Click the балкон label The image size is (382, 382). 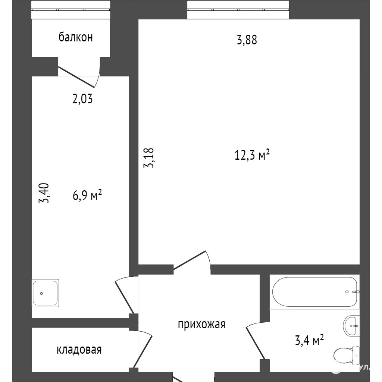pos(76,38)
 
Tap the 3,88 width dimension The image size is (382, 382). pos(247,40)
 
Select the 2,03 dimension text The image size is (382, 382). pos(82,99)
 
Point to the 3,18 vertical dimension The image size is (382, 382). pos(149,158)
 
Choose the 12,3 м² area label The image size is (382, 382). pos(252,155)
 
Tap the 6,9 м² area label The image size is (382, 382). pos(87,195)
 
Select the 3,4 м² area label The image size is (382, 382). pos(309,340)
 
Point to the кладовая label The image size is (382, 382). pos(79,350)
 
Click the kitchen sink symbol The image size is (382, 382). pos(45,293)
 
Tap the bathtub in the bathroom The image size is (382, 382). pos(314,292)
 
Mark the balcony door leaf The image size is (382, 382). pos(76,77)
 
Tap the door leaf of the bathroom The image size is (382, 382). pos(256,343)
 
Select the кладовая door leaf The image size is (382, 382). pos(143,352)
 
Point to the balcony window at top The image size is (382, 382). pos(71,10)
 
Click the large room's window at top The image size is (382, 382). pos(238,10)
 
